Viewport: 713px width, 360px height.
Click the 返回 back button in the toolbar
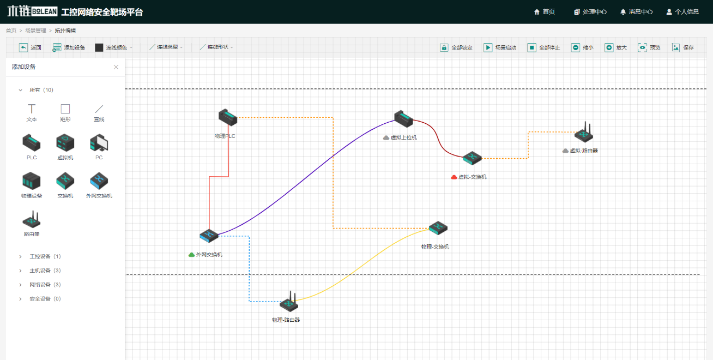click(31, 47)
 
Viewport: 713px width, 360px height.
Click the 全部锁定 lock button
click(456, 47)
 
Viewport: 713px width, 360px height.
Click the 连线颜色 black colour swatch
click(99, 47)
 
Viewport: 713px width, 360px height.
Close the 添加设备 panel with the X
click(116, 67)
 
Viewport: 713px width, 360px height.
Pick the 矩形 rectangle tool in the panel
click(65, 109)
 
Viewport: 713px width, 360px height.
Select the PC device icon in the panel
click(99, 143)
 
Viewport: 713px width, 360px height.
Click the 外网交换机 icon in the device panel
click(99, 181)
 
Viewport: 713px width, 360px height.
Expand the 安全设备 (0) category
click(21, 299)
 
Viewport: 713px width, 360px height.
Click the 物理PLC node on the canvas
click(227, 117)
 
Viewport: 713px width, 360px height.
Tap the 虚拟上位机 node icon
click(404, 118)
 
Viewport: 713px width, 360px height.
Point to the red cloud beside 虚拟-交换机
click(454, 177)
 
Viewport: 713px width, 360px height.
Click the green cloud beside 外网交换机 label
click(191, 255)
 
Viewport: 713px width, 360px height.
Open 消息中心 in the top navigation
click(636, 11)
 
